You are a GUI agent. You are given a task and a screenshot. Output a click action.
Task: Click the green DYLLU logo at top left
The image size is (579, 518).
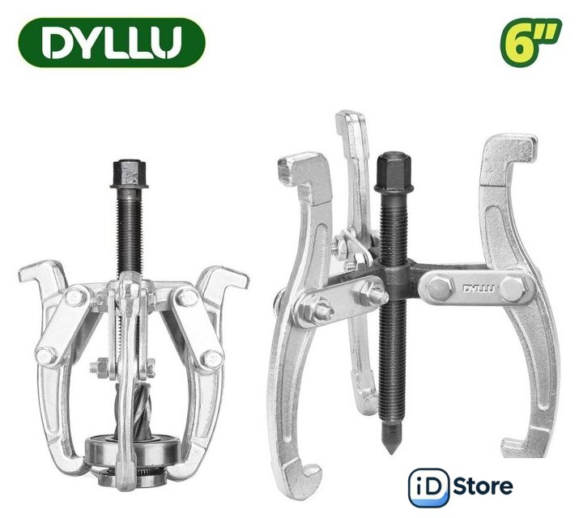click(112, 42)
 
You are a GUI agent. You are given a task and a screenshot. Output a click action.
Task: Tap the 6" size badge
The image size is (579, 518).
click(530, 42)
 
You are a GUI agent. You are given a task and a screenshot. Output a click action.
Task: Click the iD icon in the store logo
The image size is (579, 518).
click(428, 487)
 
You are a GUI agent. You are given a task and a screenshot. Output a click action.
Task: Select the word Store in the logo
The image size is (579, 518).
click(483, 486)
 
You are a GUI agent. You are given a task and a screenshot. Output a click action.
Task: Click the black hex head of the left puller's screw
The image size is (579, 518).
click(128, 174)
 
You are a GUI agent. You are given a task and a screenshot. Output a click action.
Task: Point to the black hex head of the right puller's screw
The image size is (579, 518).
click(394, 172)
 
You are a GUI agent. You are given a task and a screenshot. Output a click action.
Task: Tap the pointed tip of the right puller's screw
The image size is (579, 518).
click(391, 451)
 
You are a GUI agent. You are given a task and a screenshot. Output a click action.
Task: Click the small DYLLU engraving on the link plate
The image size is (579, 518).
click(479, 288)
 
